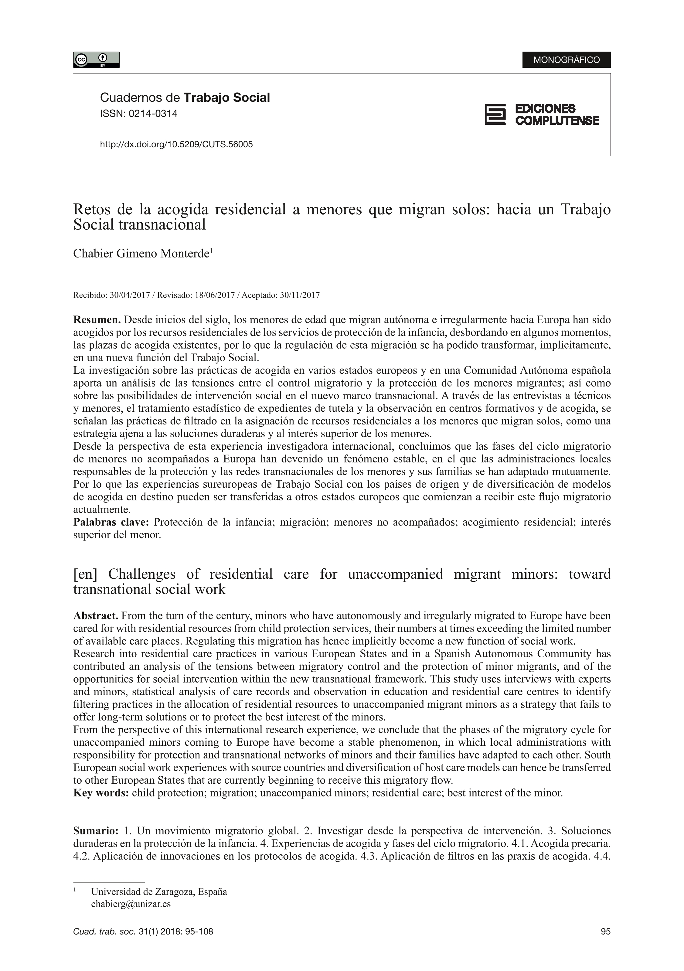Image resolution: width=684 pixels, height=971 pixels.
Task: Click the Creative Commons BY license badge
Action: tap(96, 60)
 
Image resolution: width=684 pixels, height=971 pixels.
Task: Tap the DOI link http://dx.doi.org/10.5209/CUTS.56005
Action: tap(176, 145)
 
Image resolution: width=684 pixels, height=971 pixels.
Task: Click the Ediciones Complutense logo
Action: tap(542, 114)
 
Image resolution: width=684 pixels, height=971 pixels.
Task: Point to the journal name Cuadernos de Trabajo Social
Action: tap(185, 98)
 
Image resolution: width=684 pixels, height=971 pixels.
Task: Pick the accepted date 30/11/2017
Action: tap(299, 295)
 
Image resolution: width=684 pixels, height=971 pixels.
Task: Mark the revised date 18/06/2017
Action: tap(214, 295)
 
